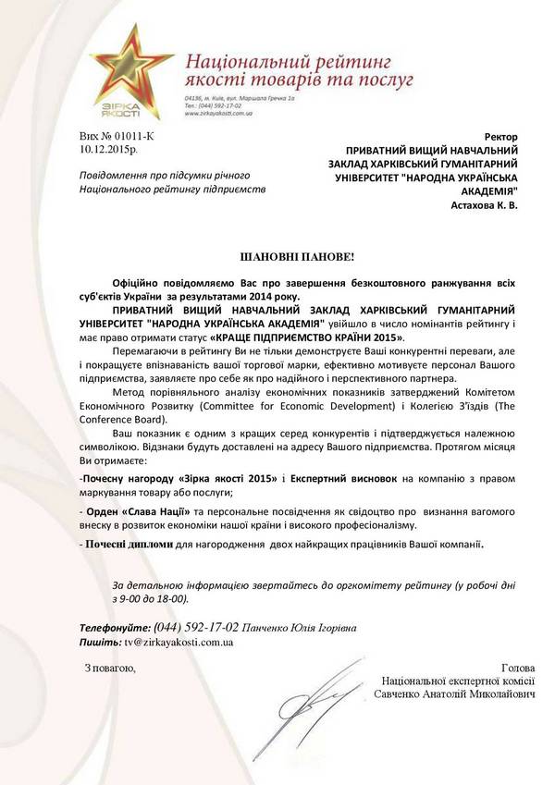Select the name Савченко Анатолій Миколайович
(454, 693)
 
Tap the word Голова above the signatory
(517, 668)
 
